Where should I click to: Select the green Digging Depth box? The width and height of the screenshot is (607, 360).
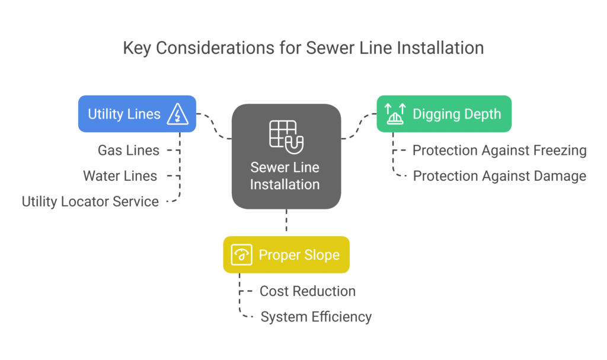pyautogui.click(x=444, y=113)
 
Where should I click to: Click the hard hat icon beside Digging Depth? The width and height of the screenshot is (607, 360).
pyautogui.click(x=394, y=113)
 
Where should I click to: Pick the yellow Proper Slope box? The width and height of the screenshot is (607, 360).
pyautogui.click(x=286, y=255)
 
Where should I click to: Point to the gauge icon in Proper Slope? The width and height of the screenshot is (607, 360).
pyautogui.click(x=242, y=255)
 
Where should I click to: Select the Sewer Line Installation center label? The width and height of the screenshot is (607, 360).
pyautogui.click(x=285, y=176)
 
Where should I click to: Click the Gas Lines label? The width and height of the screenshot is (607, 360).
pyautogui.click(x=129, y=151)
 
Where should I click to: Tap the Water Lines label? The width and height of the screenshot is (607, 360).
pyautogui.click(x=120, y=176)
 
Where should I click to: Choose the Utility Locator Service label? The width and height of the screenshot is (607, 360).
pyautogui.click(x=90, y=202)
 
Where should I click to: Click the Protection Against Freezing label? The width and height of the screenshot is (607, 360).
pyautogui.click(x=500, y=151)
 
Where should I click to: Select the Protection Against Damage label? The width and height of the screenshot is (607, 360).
pyautogui.click(x=500, y=176)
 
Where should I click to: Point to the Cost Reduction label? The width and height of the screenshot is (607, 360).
pyautogui.click(x=308, y=291)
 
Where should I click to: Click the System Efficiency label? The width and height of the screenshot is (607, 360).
pyautogui.click(x=316, y=317)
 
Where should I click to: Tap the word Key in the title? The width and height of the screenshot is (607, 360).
pyautogui.click(x=137, y=48)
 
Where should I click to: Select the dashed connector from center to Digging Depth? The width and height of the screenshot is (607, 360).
pyautogui.click(x=359, y=126)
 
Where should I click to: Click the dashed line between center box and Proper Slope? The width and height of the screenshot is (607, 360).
pyautogui.click(x=286, y=222)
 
